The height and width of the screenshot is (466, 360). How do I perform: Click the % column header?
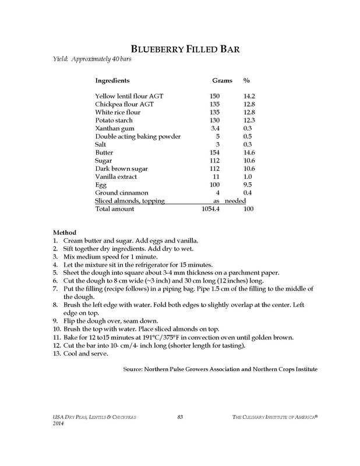[x=246, y=80]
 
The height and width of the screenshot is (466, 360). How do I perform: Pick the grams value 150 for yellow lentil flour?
[x=214, y=96]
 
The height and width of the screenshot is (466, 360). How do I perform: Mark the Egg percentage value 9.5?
[x=249, y=184]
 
